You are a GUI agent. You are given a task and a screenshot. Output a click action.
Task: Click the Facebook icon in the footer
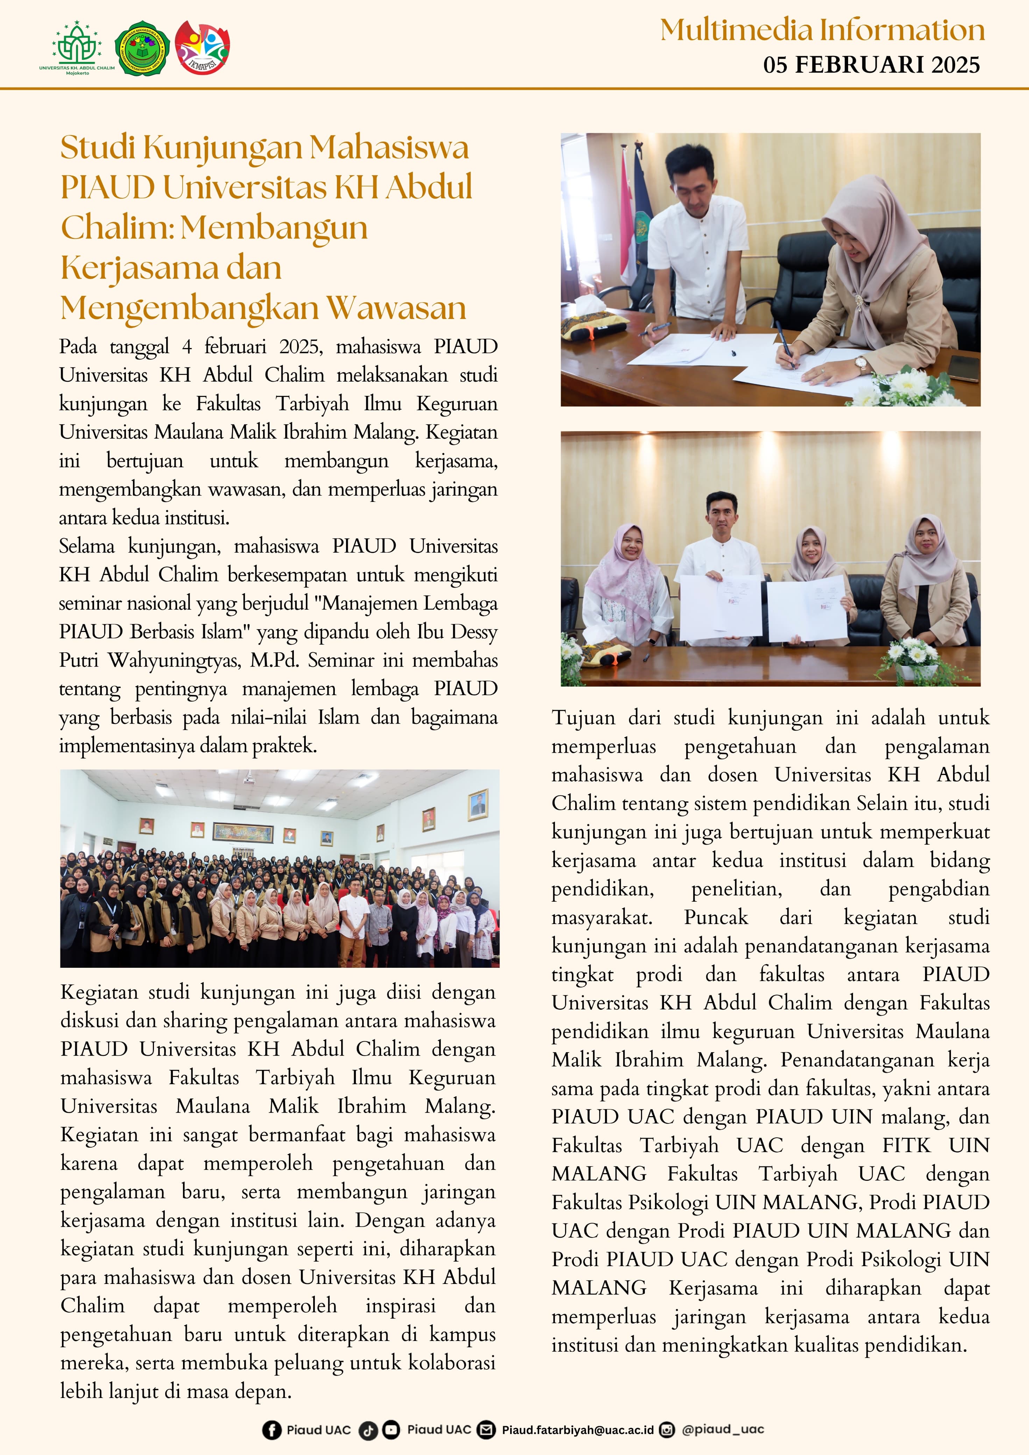pyautogui.click(x=272, y=1430)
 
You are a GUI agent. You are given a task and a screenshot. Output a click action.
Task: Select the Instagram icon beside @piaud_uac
pyautogui.click(x=667, y=1430)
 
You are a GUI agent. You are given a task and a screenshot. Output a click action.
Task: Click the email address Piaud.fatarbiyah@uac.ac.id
pyautogui.click(x=578, y=1430)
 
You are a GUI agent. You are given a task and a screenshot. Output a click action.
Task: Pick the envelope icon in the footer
pyautogui.click(x=486, y=1430)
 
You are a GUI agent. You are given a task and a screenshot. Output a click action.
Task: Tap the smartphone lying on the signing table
pyautogui.click(x=963, y=368)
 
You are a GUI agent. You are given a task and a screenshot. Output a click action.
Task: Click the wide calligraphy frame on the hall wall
pyautogui.click(x=243, y=832)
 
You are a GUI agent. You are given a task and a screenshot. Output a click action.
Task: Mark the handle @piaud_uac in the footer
pyautogui.click(x=723, y=1430)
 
